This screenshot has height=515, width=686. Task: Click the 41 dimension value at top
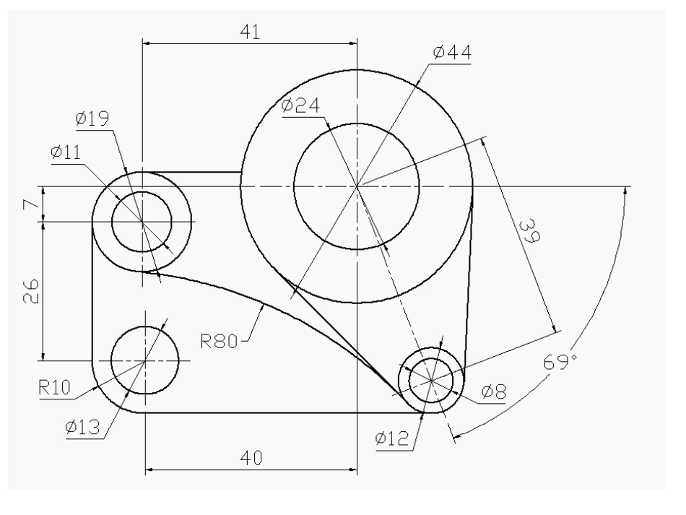coord(249,31)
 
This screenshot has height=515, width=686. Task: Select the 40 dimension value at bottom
coord(252,458)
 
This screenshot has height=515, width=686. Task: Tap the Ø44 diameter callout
coord(452,53)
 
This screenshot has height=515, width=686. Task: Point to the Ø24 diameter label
coord(301,105)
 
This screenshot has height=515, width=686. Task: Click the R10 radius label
coord(55,388)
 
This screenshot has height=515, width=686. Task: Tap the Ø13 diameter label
coord(83,427)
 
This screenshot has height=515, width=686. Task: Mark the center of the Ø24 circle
coord(357,186)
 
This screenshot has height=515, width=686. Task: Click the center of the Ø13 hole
coord(145,359)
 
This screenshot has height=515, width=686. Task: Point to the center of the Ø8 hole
coord(430,379)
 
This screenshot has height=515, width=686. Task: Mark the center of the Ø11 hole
coord(142,220)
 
